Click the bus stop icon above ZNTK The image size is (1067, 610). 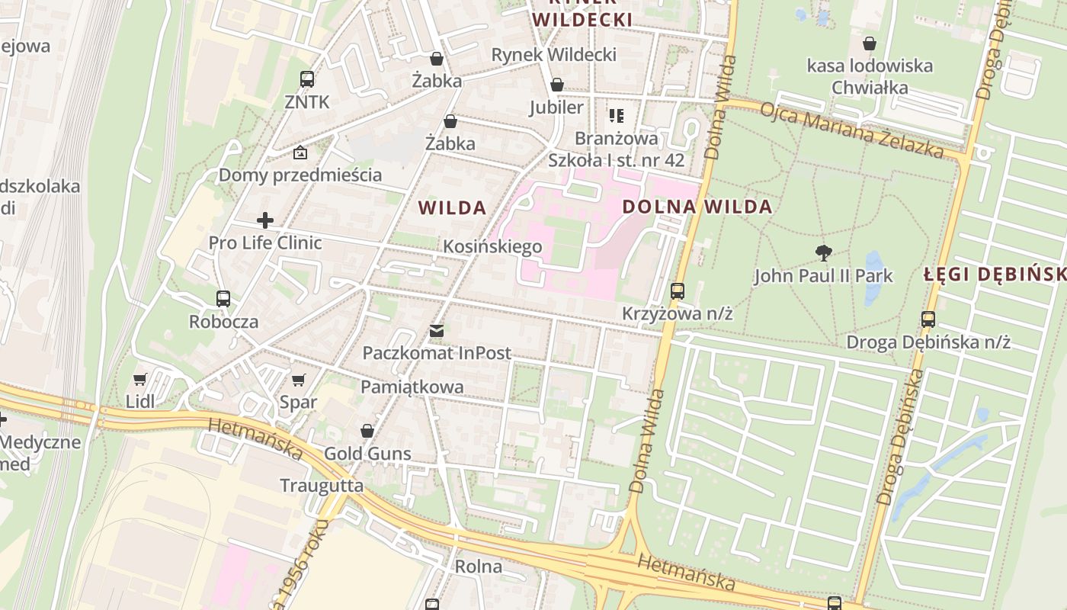pos(307,79)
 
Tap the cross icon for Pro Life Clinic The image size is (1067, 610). pos(265,221)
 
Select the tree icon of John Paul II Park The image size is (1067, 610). pos(823,253)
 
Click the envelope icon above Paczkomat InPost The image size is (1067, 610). pos(436,331)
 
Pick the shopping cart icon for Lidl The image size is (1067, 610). pos(140,379)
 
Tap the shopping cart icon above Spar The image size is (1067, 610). pos(299,380)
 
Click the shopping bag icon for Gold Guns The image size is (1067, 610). pos(367,432)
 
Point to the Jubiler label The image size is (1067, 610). pos(556,108)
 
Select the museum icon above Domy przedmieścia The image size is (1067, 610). pos(300,152)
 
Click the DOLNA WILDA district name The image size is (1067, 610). pos(697,207)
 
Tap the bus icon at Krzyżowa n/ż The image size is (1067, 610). pos(678,291)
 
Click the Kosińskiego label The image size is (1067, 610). pos(492,246)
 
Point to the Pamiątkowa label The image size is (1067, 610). pos(412,387)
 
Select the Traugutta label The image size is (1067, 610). pos(322,486)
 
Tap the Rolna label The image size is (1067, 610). pos(479,567)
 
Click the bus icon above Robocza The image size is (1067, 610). pos(223,299)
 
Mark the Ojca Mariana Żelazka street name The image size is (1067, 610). pos(852,129)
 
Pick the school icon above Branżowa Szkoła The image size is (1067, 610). pos(617,116)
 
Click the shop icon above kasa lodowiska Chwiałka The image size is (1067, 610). pos(869,43)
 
